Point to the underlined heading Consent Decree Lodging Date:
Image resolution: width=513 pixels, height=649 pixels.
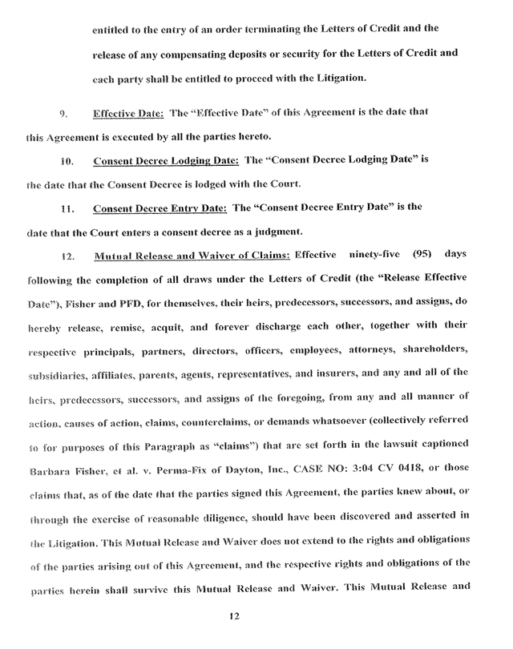tap(166, 160)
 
